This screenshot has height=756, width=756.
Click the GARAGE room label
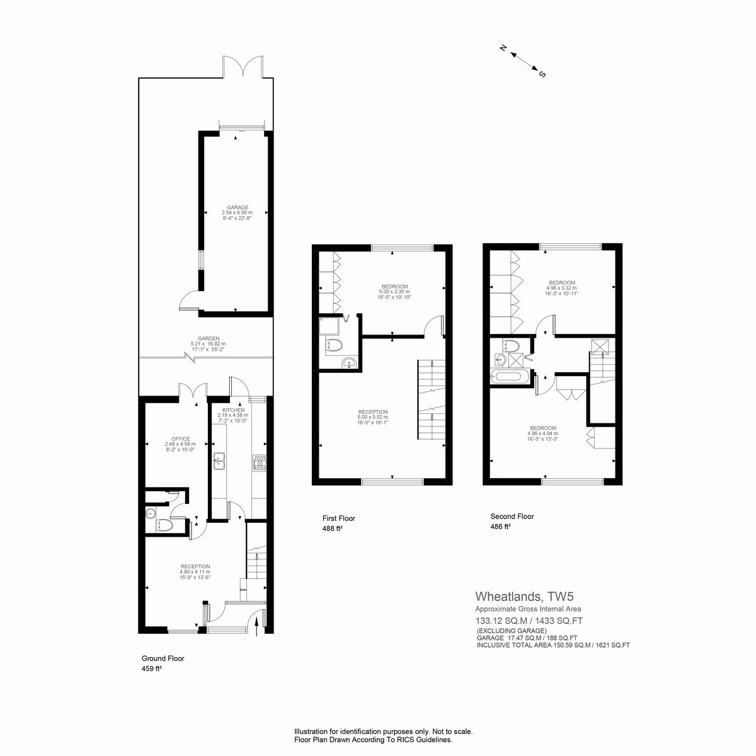point(238,207)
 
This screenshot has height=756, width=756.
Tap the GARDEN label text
point(209,338)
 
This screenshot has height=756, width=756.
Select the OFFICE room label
point(180,438)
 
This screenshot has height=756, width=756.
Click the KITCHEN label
point(233,409)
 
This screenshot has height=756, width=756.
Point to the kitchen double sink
point(219,461)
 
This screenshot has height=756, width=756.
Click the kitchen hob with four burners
point(259,462)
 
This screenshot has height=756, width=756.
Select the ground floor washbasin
point(151,513)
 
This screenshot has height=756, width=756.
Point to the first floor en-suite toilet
point(333,345)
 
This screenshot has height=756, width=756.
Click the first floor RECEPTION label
point(372,412)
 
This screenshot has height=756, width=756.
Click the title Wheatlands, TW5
point(525,597)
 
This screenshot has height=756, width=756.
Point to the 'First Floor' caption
point(338,518)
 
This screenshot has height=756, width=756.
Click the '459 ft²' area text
point(152,669)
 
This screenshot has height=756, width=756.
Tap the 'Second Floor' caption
point(512,517)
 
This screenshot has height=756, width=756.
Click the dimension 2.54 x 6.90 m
point(238,213)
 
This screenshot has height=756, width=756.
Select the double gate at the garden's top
point(243,67)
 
